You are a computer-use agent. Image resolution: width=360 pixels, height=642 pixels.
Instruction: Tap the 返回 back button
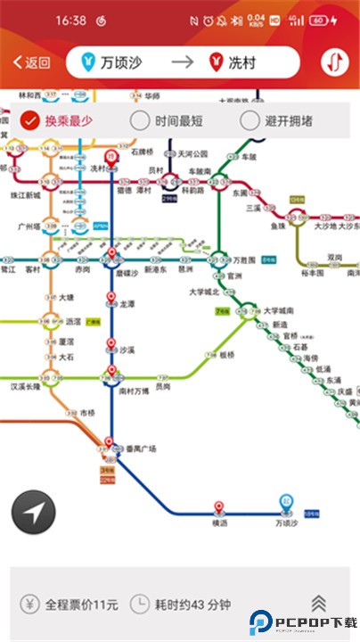pos(32,62)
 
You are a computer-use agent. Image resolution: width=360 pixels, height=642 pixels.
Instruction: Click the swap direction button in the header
pos(334,62)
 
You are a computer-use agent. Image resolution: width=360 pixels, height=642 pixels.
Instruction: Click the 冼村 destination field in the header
pos(240,62)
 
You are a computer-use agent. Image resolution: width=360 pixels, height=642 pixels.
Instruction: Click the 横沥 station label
pos(220,523)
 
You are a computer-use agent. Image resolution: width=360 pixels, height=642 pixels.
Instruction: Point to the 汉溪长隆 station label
pos(26,386)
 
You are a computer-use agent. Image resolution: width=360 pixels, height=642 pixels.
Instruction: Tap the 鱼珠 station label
pos(281,225)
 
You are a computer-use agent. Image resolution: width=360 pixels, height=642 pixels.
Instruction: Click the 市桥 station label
pos(87,413)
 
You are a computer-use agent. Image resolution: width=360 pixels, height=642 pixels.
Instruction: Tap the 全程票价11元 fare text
pos(82,605)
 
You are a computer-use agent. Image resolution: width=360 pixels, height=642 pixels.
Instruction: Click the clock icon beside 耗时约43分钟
pos(140,605)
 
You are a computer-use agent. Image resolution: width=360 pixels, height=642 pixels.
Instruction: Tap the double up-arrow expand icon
pos(318,604)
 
